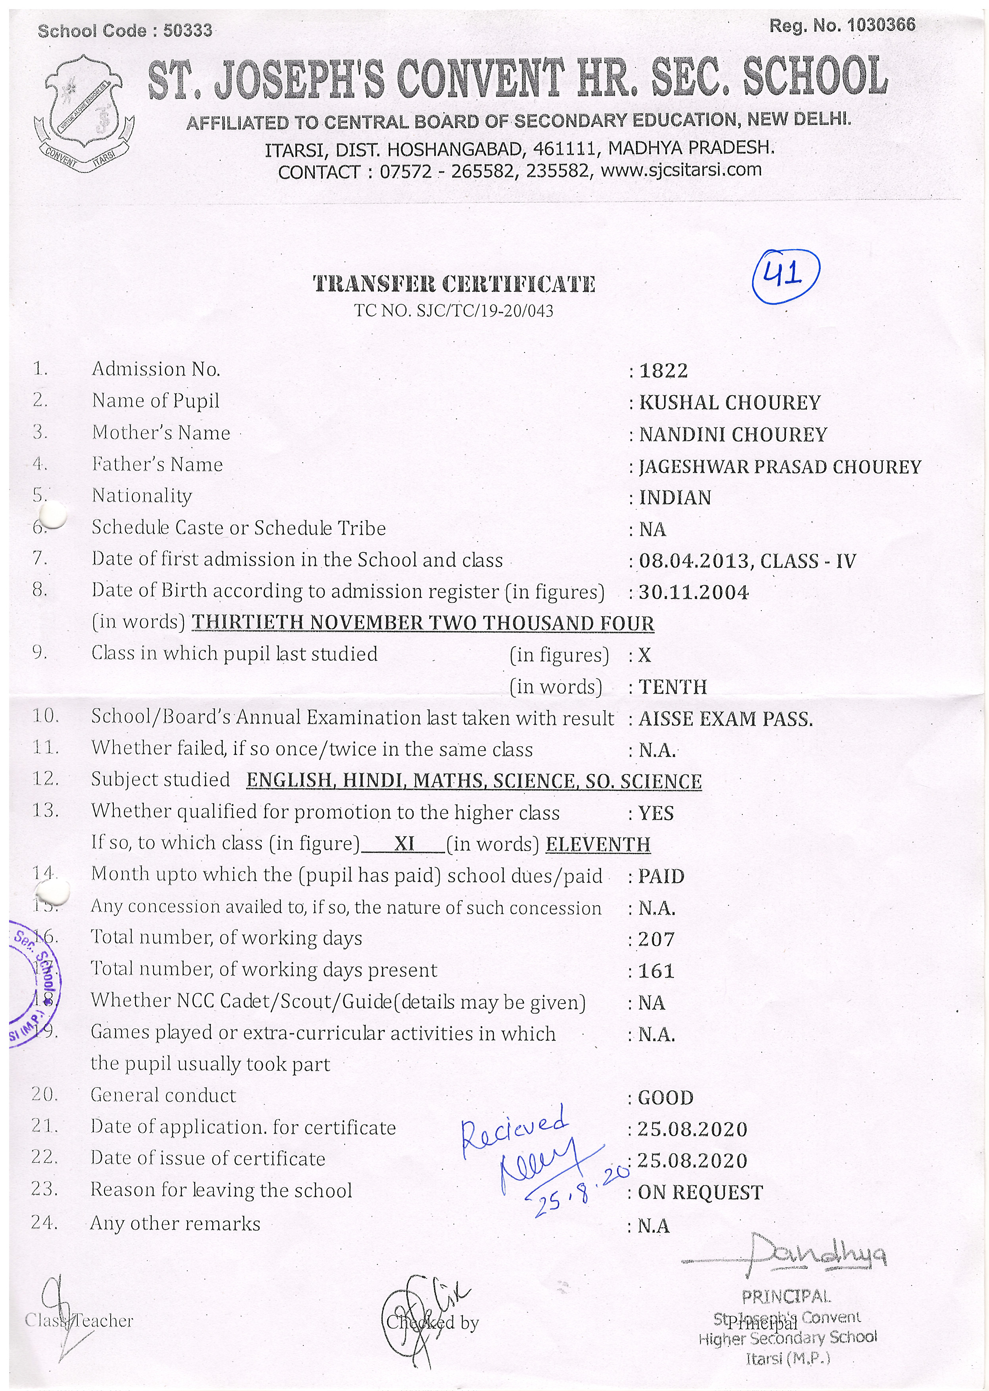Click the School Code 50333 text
[x=125, y=31]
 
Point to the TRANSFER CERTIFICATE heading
[x=454, y=284]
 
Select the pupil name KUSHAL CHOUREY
[x=730, y=402]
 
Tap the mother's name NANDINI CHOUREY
[x=732, y=434]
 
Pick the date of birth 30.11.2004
[x=694, y=592]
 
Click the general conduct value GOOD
[x=666, y=1098]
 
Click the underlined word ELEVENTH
[x=598, y=845]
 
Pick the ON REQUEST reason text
[x=700, y=1192]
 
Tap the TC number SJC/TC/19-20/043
[x=454, y=311]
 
